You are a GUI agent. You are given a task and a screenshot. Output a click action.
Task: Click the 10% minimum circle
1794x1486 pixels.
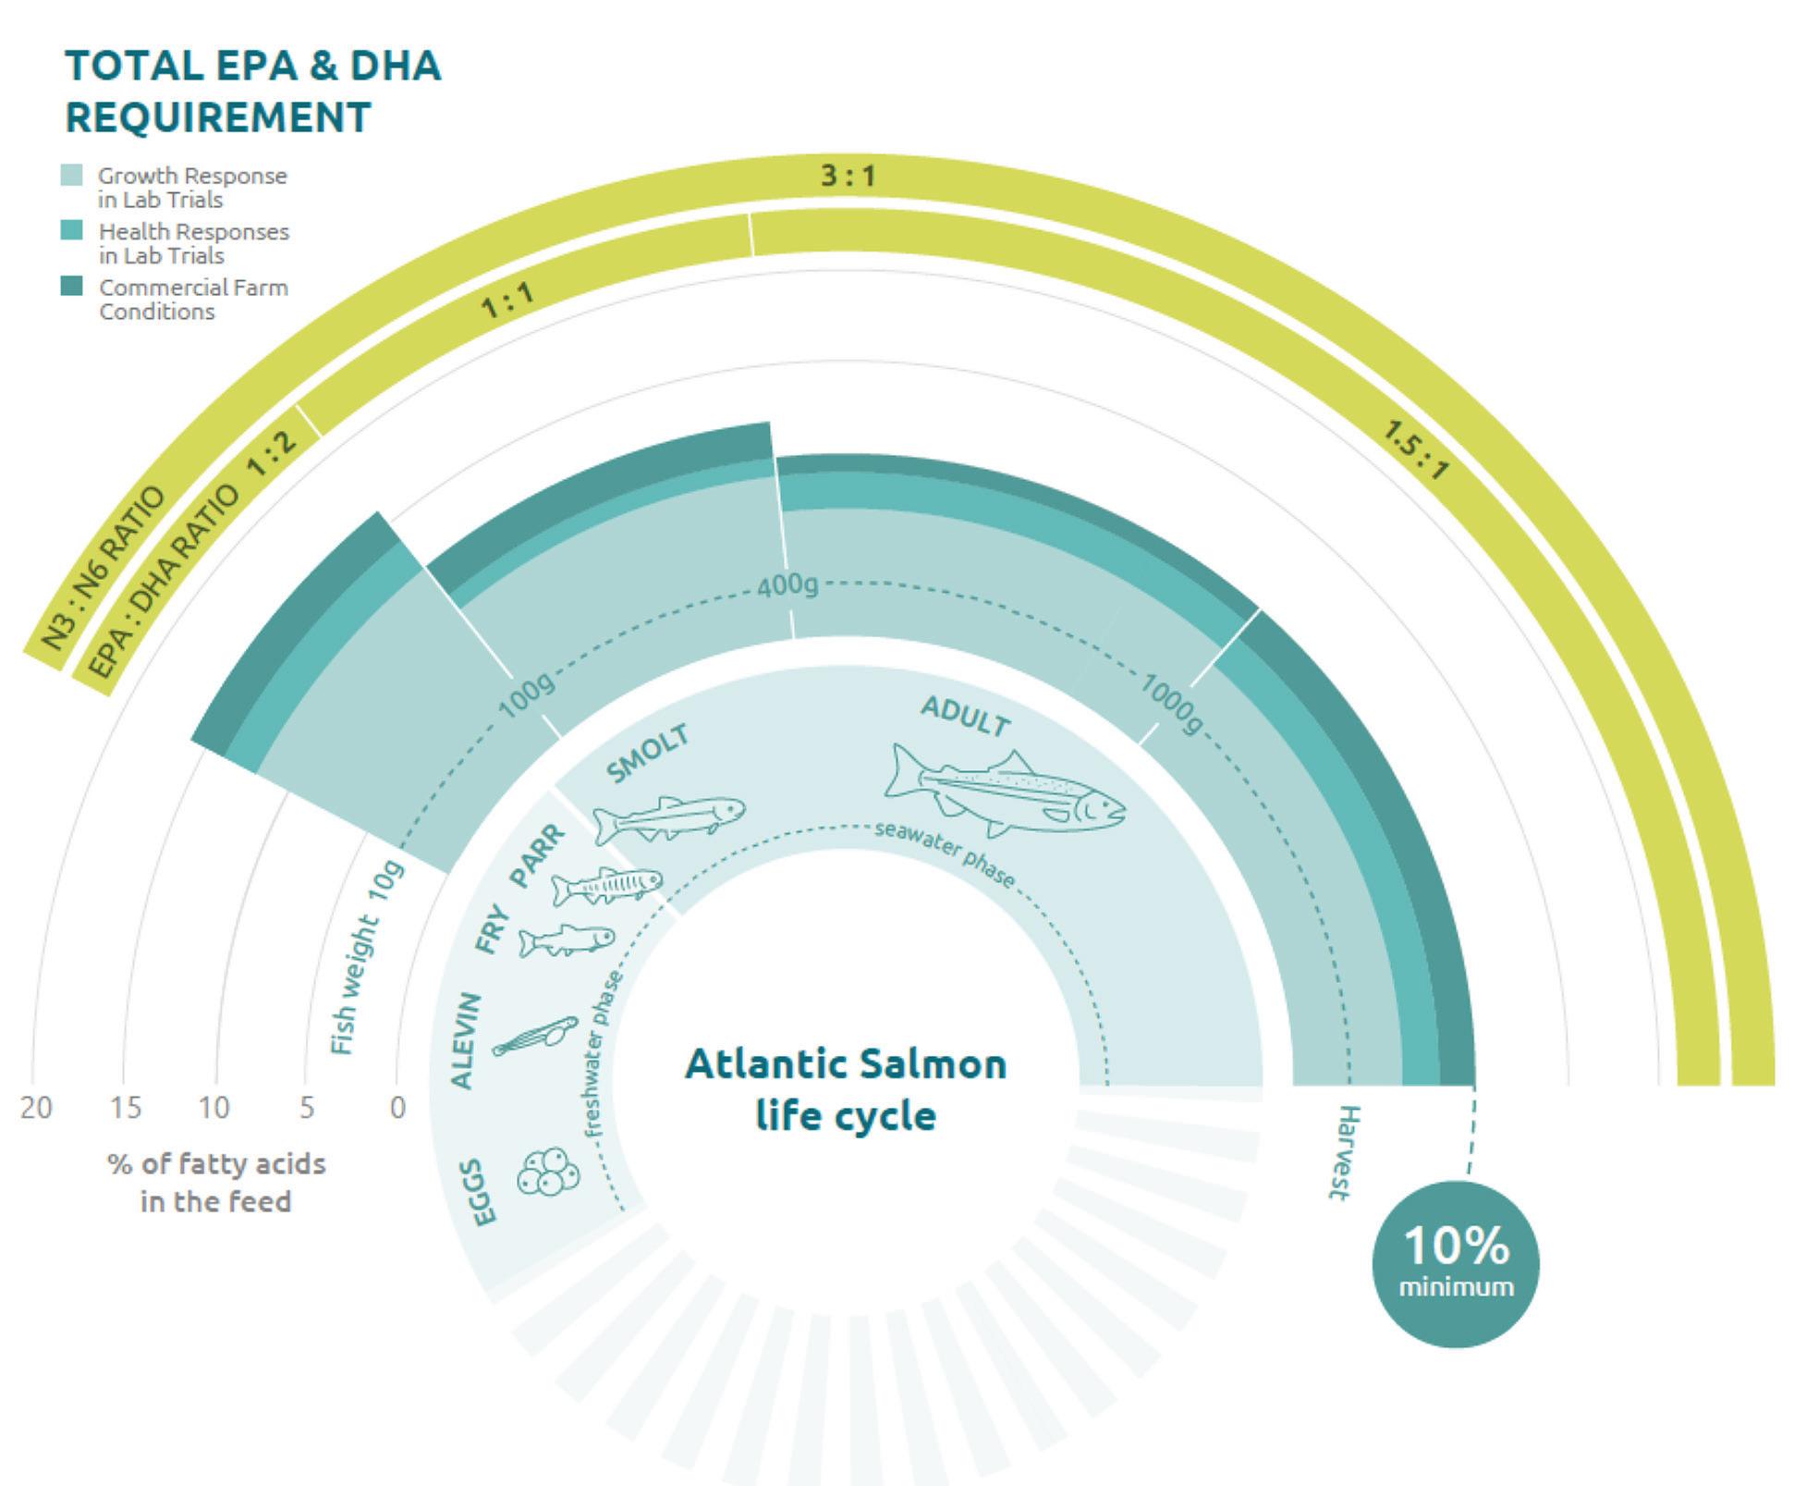pos(1456,1263)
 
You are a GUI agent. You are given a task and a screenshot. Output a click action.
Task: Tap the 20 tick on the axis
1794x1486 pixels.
pos(36,1106)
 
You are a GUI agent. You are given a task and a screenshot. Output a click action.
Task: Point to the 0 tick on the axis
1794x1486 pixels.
pos(397,1106)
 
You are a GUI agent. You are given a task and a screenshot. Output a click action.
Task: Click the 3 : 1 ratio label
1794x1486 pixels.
pos(848,175)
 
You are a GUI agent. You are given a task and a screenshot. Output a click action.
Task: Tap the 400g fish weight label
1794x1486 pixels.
pos(787,585)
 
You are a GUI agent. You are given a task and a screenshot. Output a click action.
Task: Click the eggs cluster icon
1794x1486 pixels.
pos(548,1172)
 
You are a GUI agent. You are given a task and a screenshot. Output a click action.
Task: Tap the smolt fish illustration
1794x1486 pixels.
pos(668,818)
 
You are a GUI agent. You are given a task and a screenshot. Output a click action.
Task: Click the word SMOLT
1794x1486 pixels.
pos(648,754)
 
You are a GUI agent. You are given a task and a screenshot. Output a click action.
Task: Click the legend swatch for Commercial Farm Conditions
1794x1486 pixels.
pos(72,286)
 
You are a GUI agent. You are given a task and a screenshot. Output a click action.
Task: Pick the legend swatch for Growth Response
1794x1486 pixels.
pos(72,175)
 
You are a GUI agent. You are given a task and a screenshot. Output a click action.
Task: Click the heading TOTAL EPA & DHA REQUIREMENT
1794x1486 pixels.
pos(252,92)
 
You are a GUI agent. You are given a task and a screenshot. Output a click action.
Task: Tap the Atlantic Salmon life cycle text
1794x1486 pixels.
pos(846,1089)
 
